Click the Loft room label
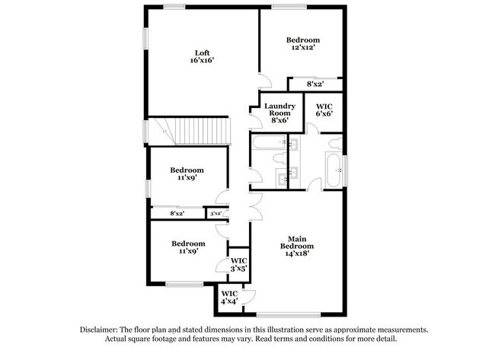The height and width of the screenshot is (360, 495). point(202,53)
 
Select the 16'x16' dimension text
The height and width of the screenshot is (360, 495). point(202,61)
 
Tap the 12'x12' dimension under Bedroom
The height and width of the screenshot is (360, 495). point(302,47)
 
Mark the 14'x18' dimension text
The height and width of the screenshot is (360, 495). point(296,255)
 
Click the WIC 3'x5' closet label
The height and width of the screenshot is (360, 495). point(239,263)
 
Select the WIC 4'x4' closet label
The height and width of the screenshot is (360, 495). point(229,298)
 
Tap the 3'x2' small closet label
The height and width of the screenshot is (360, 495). point(216,214)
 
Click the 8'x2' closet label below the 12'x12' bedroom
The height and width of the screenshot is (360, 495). point(315,84)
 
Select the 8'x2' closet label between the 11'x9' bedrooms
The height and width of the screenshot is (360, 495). point(177,214)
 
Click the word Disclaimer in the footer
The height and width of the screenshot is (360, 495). point(104,330)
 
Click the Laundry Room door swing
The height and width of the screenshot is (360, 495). point(254,114)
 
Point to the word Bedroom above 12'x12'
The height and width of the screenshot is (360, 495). point(302,39)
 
